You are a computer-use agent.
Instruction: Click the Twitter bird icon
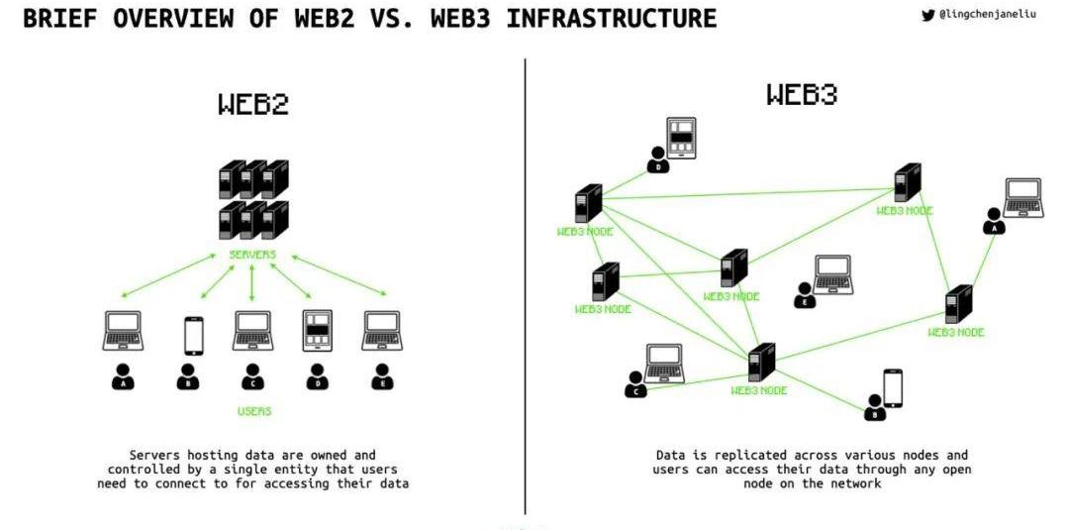tap(927, 15)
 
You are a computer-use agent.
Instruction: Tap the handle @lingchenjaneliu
tap(988, 15)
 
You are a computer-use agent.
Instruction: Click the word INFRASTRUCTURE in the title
tap(611, 19)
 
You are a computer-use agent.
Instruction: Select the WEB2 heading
tap(253, 104)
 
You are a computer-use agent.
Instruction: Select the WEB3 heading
tap(802, 95)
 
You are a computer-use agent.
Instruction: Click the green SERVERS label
tap(252, 255)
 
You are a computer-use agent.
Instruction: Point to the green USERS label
tap(254, 410)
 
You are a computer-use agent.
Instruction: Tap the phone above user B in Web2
tap(193, 335)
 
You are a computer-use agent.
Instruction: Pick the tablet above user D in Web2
tap(318, 331)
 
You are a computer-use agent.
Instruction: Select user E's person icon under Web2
tap(382, 377)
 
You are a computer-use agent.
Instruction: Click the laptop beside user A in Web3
tap(1022, 197)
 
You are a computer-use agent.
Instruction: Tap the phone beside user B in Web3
tap(893, 387)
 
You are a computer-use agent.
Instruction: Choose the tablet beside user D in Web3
tap(681, 138)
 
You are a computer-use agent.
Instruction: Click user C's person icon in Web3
tap(635, 384)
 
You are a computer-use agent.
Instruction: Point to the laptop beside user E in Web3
tap(832, 274)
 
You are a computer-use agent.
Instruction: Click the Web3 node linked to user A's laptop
tap(958, 304)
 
